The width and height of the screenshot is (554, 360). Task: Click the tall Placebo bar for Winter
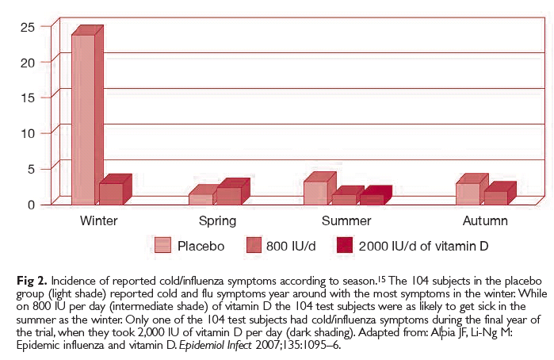click(82, 119)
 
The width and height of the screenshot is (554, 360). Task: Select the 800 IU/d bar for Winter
click(110, 193)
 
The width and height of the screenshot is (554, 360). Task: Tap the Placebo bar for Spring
click(201, 199)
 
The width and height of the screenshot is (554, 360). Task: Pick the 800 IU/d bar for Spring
click(228, 195)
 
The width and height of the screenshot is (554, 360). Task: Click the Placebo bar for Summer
click(315, 192)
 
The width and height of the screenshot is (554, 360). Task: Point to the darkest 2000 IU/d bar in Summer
click(372, 199)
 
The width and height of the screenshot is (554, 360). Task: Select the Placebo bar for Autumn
click(468, 193)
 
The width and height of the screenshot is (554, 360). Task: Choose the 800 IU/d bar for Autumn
click(495, 197)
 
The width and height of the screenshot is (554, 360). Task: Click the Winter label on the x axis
click(99, 220)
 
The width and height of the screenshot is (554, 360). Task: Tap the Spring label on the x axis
click(217, 220)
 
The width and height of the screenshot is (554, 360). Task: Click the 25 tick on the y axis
click(27, 26)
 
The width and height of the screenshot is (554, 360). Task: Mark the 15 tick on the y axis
click(27, 97)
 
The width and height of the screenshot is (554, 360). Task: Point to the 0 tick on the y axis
click(30, 204)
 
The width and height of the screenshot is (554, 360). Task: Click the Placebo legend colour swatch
click(163, 246)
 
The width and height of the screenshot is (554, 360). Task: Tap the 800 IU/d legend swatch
click(254, 246)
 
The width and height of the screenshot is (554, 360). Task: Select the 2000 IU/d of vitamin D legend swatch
click(345, 246)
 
